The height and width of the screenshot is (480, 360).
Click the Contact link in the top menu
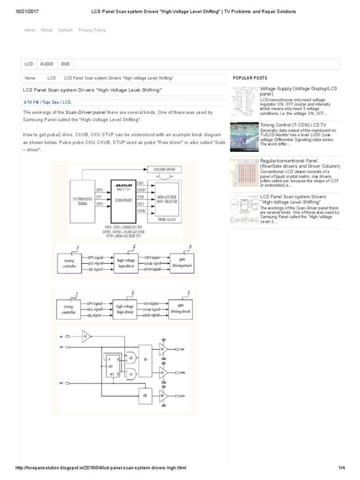point(65,30)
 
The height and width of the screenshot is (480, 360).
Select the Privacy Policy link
point(92,30)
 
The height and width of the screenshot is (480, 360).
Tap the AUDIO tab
point(47,64)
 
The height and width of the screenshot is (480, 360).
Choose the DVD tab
point(66,64)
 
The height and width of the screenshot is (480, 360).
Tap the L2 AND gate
point(131,358)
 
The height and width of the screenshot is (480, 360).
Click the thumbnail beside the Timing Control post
point(243,137)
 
